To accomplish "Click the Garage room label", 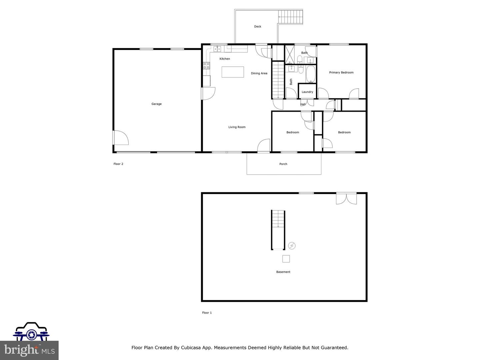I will [x=156, y=104].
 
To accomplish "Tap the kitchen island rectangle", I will [x=233, y=72].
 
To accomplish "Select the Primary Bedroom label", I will [x=341, y=72].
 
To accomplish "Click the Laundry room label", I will [x=307, y=92].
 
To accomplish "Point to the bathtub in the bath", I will [x=311, y=74].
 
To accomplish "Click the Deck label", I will [x=258, y=27].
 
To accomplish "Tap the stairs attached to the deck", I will [x=291, y=17].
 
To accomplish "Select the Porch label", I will [x=283, y=164].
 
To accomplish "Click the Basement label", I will [x=283, y=272].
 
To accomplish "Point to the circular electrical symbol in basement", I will [x=292, y=246].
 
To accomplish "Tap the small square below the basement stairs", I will [x=286, y=259].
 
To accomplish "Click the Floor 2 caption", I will [x=118, y=164].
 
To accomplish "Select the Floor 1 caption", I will [x=207, y=313].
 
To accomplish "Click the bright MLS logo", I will [x=29, y=350].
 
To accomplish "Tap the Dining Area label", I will [x=259, y=73].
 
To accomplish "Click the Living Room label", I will [x=237, y=127].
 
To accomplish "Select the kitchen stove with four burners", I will [x=206, y=65].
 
